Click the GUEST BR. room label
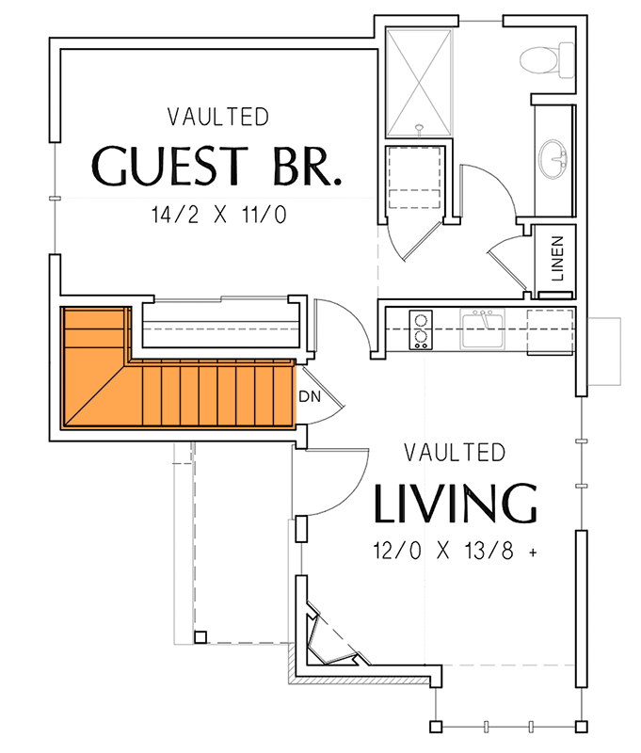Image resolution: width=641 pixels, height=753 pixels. pyautogui.click(x=216, y=165)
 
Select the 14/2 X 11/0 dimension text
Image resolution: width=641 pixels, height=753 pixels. pyautogui.click(x=217, y=215)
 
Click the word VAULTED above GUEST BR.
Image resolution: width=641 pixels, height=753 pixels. pyautogui.click(x=217, y=118)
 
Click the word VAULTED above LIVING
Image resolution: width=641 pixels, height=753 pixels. pyautogui.click(x=455, y=453)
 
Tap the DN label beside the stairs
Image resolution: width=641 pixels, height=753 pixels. pyautogui.click(x=310, y=396)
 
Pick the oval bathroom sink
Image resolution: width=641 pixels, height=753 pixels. pyautogui.click(x=555, y=160)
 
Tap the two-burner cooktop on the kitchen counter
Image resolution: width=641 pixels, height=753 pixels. pyautogui.click(x=420, y=330)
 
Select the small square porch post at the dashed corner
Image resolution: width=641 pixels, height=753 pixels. pyautogui.click(x=200, y=637)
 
